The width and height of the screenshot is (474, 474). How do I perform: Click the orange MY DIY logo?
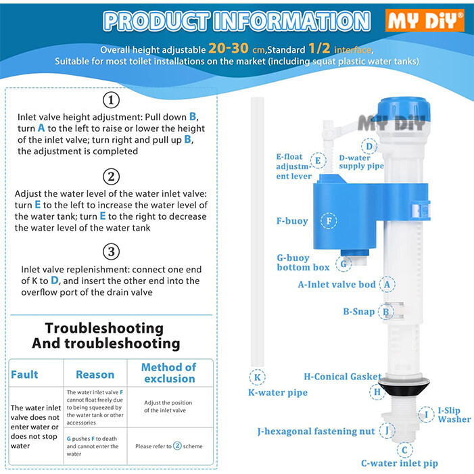click(425, 20)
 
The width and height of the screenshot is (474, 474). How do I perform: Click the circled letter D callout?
click(369, 146)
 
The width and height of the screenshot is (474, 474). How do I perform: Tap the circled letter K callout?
click(257, 377)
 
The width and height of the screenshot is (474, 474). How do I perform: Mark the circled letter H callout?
click(377, 392)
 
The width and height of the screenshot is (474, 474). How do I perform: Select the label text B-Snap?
click(359, 312)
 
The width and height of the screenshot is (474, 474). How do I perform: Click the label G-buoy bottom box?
click(303, 262)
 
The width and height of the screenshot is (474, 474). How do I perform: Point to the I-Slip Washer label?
click(454, 414)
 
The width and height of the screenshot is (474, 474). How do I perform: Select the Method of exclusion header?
click(168, 373)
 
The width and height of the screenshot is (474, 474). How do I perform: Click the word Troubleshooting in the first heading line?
click(104, 329)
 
